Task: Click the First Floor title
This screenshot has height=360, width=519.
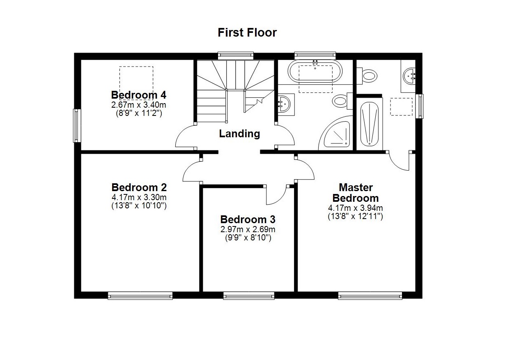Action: point(247,32)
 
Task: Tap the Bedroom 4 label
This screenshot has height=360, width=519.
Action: point(139,95)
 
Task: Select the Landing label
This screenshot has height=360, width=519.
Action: point(239,134)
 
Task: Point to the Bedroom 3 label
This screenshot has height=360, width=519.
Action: point(248,219)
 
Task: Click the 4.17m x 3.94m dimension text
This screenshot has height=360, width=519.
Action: point(355,208)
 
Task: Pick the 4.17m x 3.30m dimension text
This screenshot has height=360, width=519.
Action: point(139,198)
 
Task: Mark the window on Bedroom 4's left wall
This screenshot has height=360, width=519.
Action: point(77,125)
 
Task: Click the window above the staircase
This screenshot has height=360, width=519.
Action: point(235,55)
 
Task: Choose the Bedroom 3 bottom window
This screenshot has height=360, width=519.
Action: point(249,295)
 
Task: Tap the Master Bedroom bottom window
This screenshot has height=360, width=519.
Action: point(370,295)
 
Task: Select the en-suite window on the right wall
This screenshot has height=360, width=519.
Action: point(419,106)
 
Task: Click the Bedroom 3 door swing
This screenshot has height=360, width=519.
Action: point(276,195)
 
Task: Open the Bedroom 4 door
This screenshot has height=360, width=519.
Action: point(186,137)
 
